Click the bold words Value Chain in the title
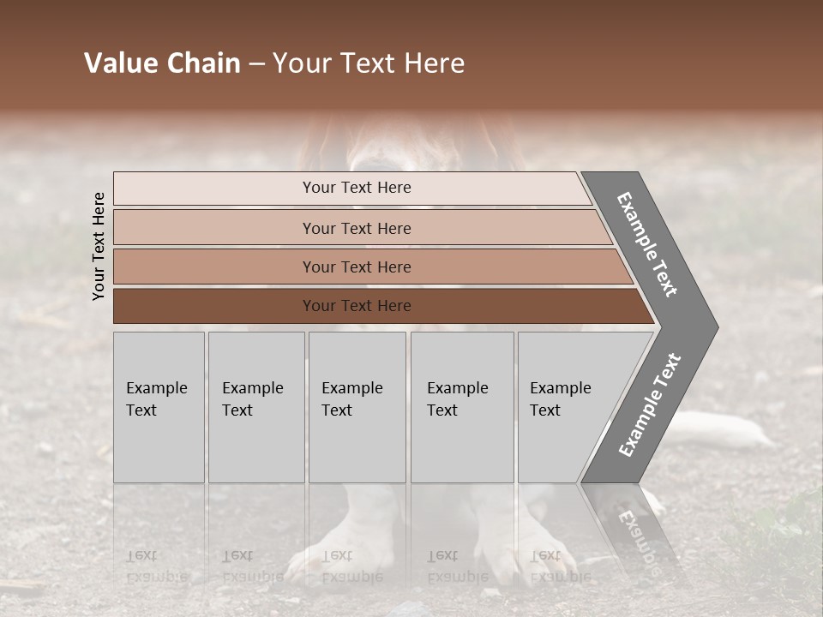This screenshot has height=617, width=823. pyautogui.click(x=162, y=63)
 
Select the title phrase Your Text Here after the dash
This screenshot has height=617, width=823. pyautogui.click(x=369, y=63)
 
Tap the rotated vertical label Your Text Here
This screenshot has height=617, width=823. pyautogui.click(x=99, y=246)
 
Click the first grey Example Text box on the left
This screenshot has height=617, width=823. pyautogui.click(x=159, y=407)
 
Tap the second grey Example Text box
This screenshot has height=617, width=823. pyautogui.click(x=255, y=407)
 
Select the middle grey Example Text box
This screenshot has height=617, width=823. pyautogui.click(x=357, y=407)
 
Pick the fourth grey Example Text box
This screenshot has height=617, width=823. pyautogui.click(x=461, y=407)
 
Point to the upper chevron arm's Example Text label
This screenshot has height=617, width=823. pyautogui.click(x=647, y=244)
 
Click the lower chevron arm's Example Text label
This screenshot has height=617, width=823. pyautogui.click(x=650, y=405)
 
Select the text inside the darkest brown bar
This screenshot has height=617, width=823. pyautogui.click(x=357, y=306)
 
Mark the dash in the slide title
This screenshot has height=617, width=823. pyautogui.click(x=256, y=64)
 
